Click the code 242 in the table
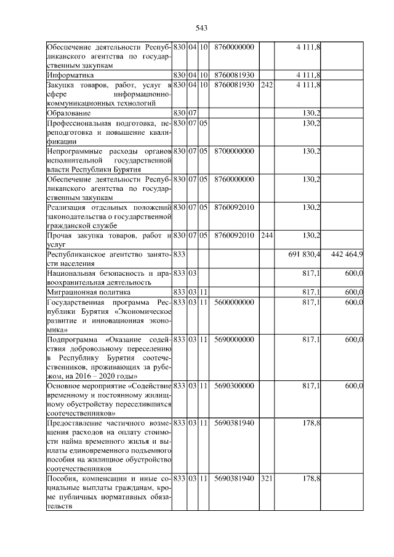(267, 84)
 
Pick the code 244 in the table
(267, 235)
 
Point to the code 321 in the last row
(267, 479)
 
